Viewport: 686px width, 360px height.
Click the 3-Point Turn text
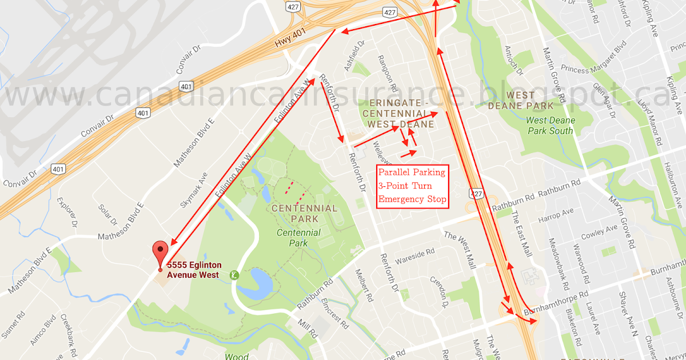coord(405,186)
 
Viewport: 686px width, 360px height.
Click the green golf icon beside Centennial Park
coord(234,275)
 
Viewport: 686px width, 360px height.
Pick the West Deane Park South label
coord(550,126)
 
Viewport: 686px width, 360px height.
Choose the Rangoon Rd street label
coord(387,73)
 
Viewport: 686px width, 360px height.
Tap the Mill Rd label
coord(307,329)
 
